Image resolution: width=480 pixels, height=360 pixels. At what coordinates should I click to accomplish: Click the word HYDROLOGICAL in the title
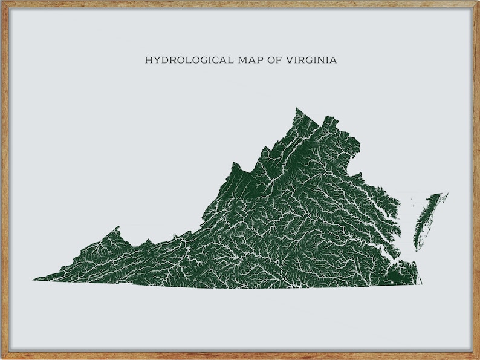(x=180, y=61)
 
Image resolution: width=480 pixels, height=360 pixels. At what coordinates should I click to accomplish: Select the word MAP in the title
(x=232, y=61)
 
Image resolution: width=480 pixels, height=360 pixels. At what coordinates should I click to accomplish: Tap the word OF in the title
(x=257, y=61)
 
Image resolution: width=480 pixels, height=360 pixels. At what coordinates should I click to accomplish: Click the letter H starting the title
(x=148, y=61)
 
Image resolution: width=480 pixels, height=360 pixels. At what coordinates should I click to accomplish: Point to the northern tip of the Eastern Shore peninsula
(x=446, y=194)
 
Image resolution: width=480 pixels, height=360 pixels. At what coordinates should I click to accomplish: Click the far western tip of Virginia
(x=34, y=280)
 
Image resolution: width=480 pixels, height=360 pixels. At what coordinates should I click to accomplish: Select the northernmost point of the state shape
(x=297, y=109)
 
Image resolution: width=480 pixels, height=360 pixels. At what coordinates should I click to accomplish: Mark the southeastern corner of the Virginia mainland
(x=421, y=283)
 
